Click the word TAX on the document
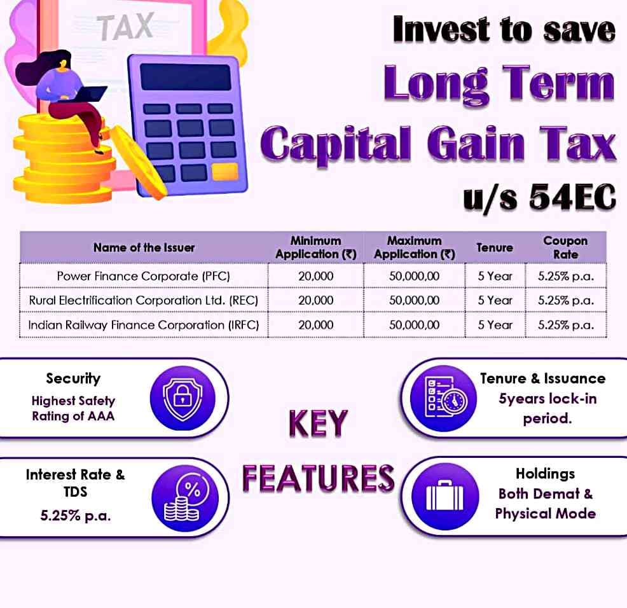point(125,27)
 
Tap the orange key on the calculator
point(225,172)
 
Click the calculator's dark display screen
point(186,77)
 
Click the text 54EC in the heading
point(572,197)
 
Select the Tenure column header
point(495,247)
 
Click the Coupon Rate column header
point(565,247)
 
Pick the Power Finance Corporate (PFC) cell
point(144,276)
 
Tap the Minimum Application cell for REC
point(315,300)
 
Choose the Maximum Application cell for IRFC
point(414,324)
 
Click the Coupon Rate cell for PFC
point(566,276)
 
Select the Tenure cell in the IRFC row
point(495,324)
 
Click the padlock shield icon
point(183,398)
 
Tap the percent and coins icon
point(185,499)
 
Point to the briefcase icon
point(445,497)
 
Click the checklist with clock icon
point(443,398)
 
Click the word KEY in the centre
point(319,423)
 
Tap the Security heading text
point(73,378)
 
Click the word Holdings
point(546,474)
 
